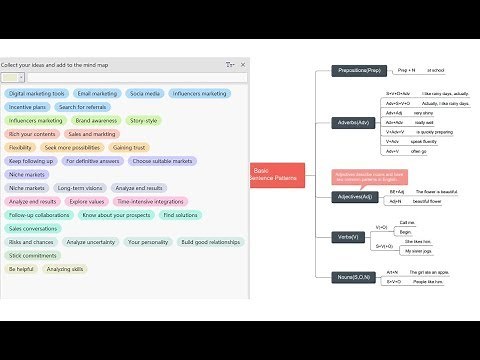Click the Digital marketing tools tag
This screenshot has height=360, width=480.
[x=38, y=93]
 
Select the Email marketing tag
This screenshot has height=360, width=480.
[x=99, y=93]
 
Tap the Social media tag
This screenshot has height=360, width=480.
[x=145, y=93]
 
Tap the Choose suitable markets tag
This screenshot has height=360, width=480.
[x=162, y=160]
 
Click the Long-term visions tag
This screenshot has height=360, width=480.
[x=80, y=187]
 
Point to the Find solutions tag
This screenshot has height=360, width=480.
[x=180, y=214]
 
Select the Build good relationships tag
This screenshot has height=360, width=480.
[x=211, y=242]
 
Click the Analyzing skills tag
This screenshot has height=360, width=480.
[x=66, y=269]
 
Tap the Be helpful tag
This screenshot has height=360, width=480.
[x=21, y=269]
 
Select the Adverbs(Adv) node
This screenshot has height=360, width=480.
[x=357, y=123]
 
